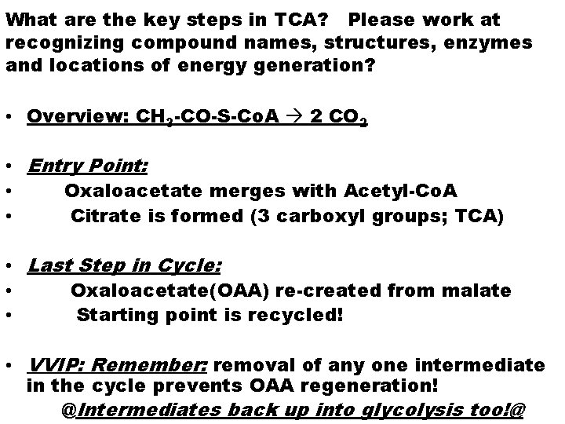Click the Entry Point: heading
tap(87, 167)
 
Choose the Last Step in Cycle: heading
tap(124, 265)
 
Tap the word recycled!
tap(293, 315)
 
